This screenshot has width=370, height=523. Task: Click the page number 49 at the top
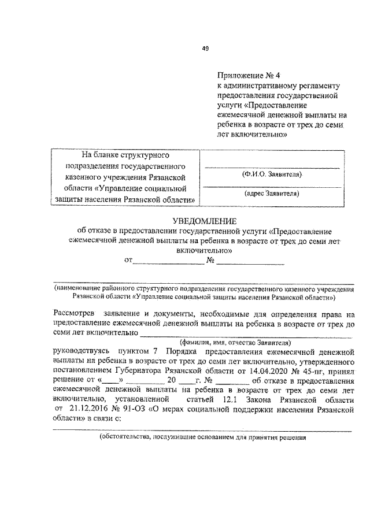[205, 49]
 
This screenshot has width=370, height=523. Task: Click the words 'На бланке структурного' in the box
[124, 155]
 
